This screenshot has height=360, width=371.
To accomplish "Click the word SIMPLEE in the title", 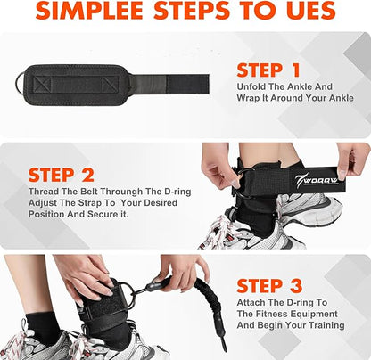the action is point(89,11).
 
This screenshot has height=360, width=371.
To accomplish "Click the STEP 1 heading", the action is point(268,70).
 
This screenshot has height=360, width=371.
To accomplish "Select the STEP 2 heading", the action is point(62,175).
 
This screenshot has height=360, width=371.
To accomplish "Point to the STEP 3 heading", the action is point(269,286).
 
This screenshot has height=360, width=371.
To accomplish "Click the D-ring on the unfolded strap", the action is point(21,84).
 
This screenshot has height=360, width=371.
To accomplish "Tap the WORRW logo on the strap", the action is point(317,180).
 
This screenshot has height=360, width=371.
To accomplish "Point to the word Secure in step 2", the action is point(103,214).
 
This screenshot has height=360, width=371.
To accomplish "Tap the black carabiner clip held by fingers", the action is point(153,285).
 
